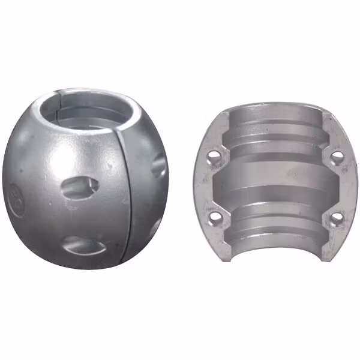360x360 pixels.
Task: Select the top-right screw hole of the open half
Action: (337, 157)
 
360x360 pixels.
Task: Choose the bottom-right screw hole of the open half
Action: (337, 217)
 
